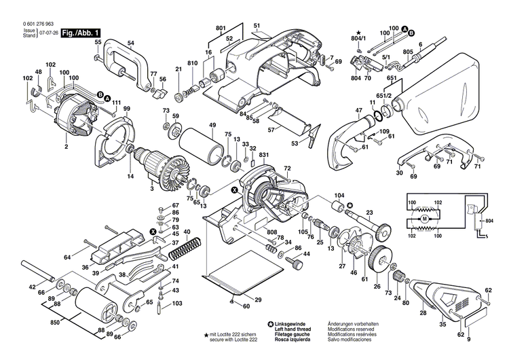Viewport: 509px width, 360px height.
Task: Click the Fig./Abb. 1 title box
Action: coord(81,33)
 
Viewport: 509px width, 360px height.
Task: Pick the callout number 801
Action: coord(220,28)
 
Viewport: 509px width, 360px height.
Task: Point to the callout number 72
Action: coord(287,168)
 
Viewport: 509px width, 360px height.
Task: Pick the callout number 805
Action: coord(408,52)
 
